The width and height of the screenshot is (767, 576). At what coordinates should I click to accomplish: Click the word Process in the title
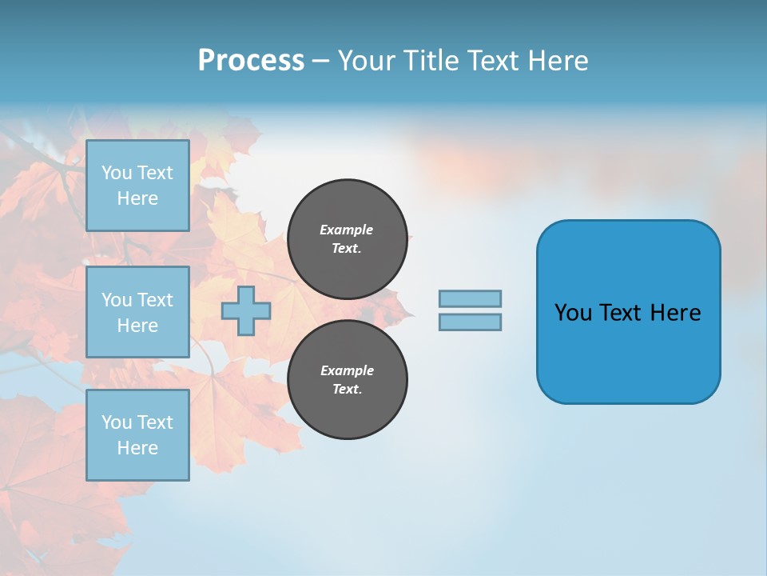coord(251,61)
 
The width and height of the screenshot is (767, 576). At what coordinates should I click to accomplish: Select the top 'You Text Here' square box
coord(137,186)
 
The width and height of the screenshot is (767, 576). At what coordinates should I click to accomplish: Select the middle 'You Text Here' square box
coord(137,312)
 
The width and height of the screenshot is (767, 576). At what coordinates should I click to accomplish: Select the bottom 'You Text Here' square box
coord(137,434)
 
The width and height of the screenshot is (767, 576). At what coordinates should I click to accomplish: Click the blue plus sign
coord(245,310)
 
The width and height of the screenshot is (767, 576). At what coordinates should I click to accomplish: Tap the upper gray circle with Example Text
coord(347,238)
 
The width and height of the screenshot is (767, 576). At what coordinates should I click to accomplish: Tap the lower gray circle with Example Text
coord(347,379)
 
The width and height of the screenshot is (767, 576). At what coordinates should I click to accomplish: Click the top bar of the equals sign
coord(470,298)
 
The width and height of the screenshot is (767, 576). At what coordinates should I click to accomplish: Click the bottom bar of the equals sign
coord(470,322)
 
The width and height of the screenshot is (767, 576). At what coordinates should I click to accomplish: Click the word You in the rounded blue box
coord(573,313)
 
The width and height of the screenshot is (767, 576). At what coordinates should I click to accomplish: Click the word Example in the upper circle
coord(346,230)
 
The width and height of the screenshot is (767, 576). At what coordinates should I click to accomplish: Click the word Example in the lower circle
coord(346,370)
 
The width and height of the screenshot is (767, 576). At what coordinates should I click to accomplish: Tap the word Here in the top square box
coord(137,198)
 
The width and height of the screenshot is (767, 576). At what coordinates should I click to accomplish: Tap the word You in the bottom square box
coord(117,422)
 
